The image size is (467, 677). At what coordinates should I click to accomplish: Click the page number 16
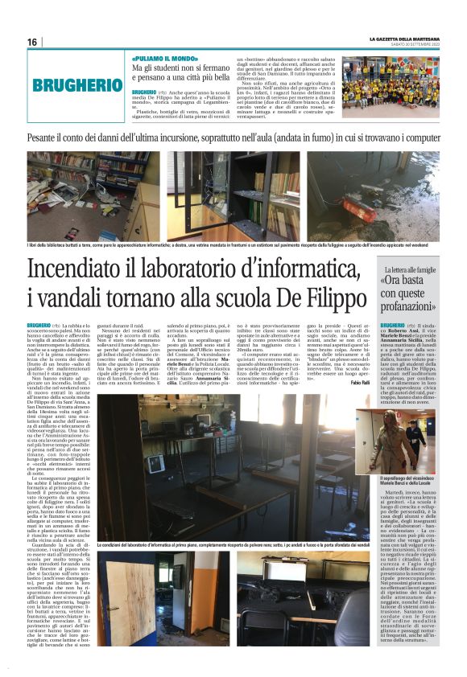pos(31,43)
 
